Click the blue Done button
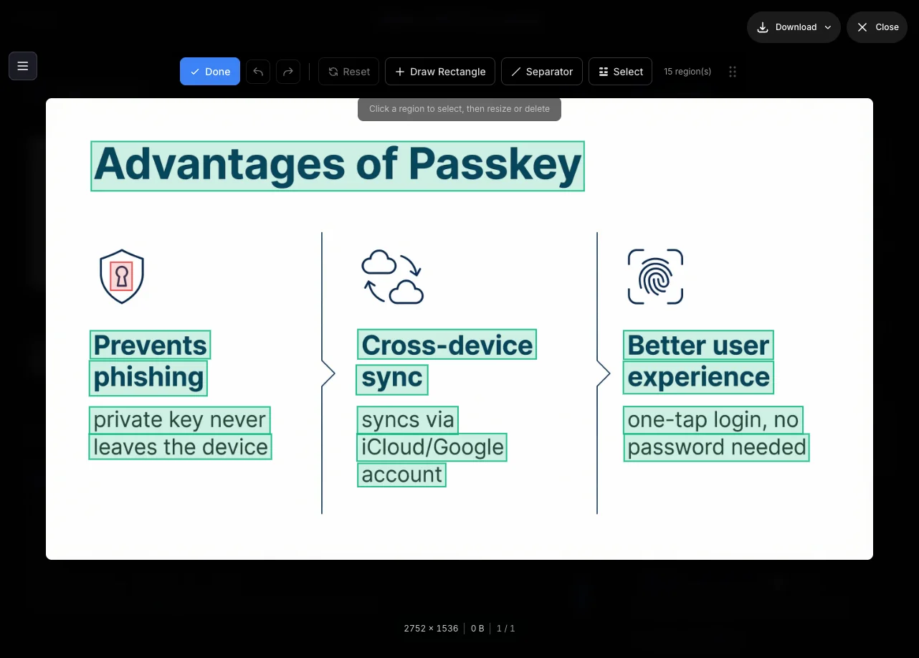[x=209, y=72]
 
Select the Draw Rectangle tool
[x=440, y=72]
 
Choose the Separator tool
[x=541, y=72]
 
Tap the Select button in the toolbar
[x=620, y=72]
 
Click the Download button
[x=794, y=27]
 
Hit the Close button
[x=877, y=27]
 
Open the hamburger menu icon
[x=23, y=66]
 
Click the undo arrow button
[x=258, y=72]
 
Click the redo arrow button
[x=288, y=72]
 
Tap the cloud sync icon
[x=393, y=277]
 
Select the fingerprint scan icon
[x=655, y=277]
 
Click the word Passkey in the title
[x=495, y=165]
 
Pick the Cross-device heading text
[x=447, y=345]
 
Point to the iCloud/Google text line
[x=432, y=447]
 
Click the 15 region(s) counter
[x=687, y=72]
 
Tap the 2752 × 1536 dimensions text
[x=431, y=628]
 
